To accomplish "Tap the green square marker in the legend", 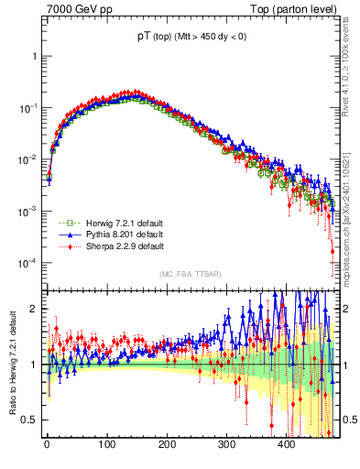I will tap(64, 223).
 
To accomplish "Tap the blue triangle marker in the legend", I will tap(64, 234).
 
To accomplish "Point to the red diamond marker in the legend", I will tap(64, 246).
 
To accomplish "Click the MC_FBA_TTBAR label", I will tap(189, 274).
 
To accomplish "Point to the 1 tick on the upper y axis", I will tap(33, 56).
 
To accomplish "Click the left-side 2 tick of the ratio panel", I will tap(33, 309).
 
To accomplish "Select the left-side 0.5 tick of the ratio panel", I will tap(29, 420).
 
